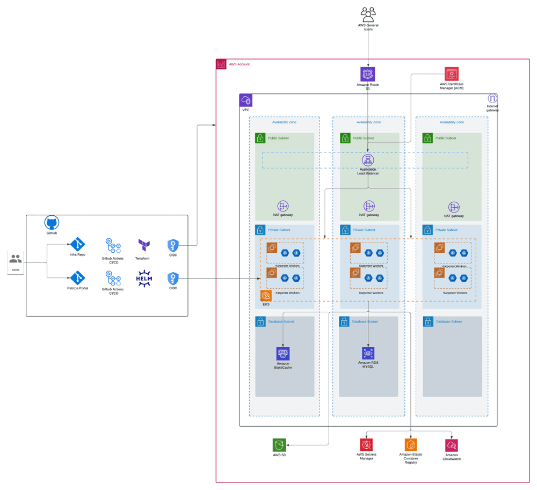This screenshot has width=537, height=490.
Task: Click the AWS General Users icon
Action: click(368, 14)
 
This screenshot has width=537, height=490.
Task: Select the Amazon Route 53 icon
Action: click(368, 74)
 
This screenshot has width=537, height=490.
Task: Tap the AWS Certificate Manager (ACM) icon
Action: click(452, 74)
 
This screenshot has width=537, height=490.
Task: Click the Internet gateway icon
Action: click(492, 99)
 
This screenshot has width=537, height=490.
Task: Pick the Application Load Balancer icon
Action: click(368, 160)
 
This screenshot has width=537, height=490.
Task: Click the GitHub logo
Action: click(52, 223)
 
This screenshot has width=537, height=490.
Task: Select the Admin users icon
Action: click(16, 260)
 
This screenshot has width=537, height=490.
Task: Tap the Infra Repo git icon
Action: click(78, 244)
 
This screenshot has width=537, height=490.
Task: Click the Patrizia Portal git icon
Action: click(78, 278)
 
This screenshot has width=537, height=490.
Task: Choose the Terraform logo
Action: click(143, 246)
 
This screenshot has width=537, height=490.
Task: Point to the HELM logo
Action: click(144, 279)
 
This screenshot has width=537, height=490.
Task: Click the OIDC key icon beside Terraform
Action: click(173, 245)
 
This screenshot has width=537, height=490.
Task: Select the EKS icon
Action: click(266, 296)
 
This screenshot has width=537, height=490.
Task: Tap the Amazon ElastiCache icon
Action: click(283, 353)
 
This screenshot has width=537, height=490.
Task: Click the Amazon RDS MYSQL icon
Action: click(368, 353)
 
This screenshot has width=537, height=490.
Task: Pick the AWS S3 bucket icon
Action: click(279, 445)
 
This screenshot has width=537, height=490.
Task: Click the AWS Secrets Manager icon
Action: click(366, 445)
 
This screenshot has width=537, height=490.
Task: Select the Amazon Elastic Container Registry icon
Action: click(411, 445)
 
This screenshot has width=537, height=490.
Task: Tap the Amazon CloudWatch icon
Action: click(452, 445)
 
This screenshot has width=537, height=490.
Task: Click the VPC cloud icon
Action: click(246, 100)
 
